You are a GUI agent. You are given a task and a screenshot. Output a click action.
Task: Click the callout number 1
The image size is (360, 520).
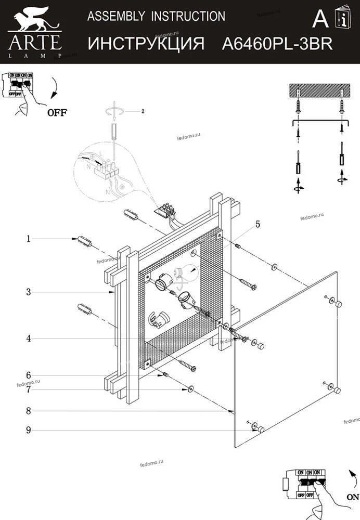coord(29,239)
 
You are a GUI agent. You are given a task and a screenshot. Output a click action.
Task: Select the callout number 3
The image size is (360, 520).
coord(29,292)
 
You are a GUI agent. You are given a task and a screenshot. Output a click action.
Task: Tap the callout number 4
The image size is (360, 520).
coord(29,339)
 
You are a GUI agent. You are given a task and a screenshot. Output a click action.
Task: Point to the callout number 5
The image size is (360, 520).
coord(258,225)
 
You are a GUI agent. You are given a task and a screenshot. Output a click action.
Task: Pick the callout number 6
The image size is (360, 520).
coord(29,375)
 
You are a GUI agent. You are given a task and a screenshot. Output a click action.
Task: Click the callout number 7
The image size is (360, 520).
coord(29,388)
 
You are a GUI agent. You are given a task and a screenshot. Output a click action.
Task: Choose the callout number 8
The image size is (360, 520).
coord(29,411)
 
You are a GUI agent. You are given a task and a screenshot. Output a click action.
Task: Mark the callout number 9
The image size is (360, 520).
coord(29,430)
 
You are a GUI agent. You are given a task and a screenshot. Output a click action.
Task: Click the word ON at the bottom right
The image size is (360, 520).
coord(352,497)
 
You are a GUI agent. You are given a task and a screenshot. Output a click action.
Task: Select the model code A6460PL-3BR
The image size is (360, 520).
coord(277,44)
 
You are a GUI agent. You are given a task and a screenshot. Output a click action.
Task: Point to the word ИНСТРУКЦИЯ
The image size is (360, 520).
coord(146,44)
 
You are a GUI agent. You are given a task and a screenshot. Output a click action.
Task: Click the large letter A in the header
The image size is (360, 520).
coord(320,19)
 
